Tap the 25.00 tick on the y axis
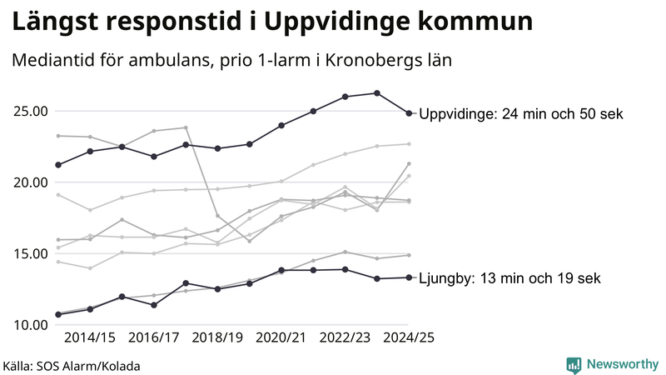pyautogui.click(x=28, y=112)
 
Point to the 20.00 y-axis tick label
pyautogui.click(x=28, y=182)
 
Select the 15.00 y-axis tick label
pyautogui.click(x=28, y=253)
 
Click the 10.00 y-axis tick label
pyautogui.click(x=28, y=325)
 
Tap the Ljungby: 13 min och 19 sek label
pyautogui.click(x=509, y=278)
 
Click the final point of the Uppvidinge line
pyautogui.click(x=409, y=113)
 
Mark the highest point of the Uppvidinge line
pyautogui.click(x=377, y=93)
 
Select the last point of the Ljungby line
pyautogui.click(x=409, y=277)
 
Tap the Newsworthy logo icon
pyautogui.click(x=574, y=364)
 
